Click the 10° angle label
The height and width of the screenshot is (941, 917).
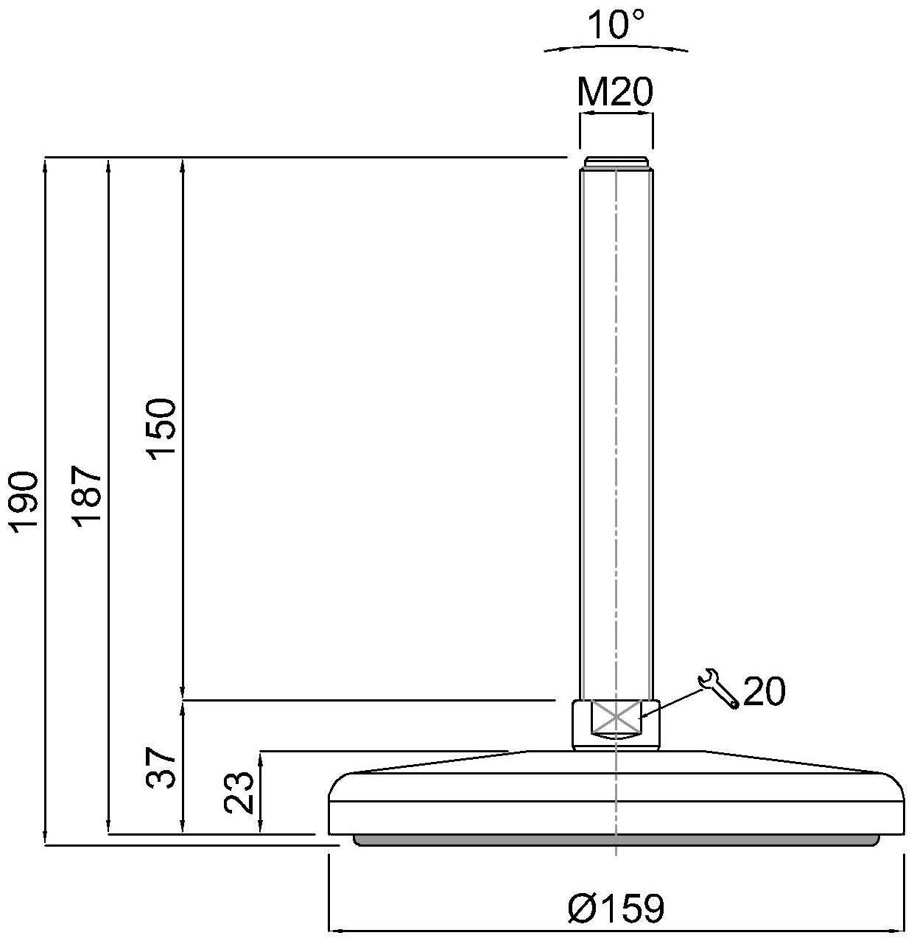coord(616,26)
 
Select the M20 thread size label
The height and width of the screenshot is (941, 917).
coord(615,94)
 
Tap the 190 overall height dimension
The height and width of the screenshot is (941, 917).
coord(24,500)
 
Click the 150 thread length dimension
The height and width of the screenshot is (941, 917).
coord(162,430)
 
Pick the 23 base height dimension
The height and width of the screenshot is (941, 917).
coord(240,792)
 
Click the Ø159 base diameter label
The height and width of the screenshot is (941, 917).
coord(616,909)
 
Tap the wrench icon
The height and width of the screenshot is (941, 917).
coord(717,688)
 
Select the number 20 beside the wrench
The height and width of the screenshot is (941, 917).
coord(764,691)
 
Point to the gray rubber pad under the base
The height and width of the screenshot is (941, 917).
coord(616,840)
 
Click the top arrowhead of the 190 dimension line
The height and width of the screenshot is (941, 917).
coord(46,164)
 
